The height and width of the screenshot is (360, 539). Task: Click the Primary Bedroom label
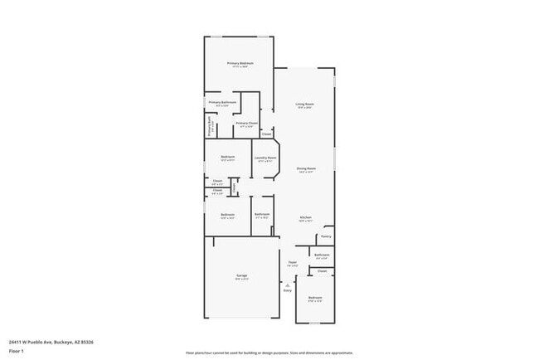coord(240,63)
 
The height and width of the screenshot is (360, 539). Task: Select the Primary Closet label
coord(246,124)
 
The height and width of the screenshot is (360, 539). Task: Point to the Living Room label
coord(304,104)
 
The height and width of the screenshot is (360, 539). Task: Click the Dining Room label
coord(305,168)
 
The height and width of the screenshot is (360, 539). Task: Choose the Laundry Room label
coord(265,158)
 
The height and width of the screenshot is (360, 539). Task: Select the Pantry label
coord(326,236)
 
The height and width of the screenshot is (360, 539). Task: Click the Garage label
coord(241,275)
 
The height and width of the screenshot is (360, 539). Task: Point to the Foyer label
coord(293,263)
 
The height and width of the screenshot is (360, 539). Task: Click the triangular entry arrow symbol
coord(288,285)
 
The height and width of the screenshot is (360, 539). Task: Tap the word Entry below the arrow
coord(288,291)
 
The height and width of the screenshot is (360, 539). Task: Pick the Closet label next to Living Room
coord(266,133)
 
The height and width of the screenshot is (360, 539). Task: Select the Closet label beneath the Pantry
coord(323,270)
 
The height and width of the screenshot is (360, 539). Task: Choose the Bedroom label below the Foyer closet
coord(315,297)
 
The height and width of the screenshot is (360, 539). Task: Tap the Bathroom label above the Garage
coord(262,214)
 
